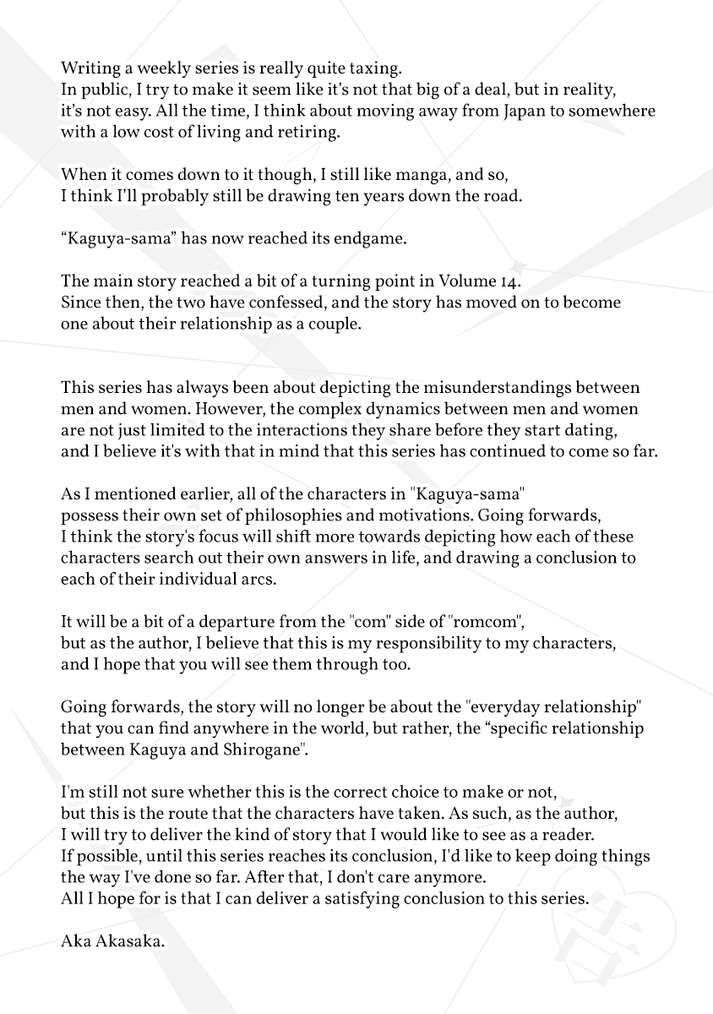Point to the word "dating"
tap(618, 430)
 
